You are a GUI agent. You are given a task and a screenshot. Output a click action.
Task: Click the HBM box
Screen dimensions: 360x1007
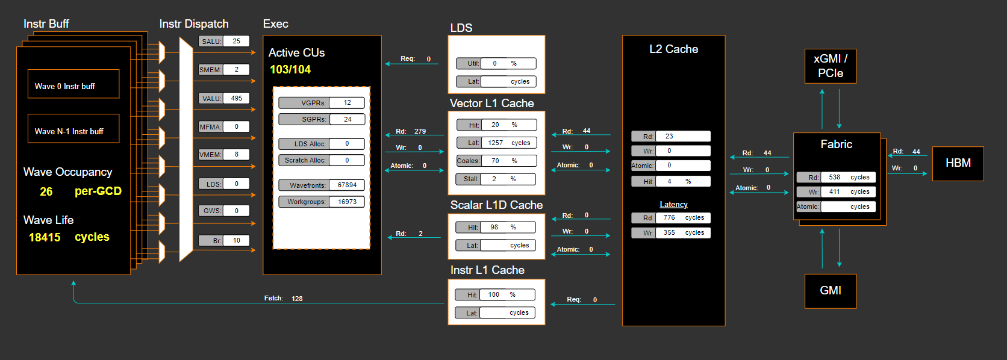coord(958,163)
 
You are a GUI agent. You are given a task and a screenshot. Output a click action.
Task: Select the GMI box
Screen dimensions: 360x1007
coord(830,291)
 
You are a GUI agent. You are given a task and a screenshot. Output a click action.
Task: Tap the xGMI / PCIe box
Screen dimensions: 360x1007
coord(830,66)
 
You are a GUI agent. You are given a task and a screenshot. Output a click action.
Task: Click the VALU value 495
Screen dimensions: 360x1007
coord(237,98)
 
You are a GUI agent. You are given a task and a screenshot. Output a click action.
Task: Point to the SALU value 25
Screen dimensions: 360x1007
coord(237,42)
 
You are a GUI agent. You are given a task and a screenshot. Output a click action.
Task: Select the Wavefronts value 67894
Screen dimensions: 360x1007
coord(347,185)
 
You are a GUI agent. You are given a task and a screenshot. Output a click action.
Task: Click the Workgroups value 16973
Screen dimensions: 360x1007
coord(347,202)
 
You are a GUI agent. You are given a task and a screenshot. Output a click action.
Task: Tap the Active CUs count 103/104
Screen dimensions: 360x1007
coord(290,70)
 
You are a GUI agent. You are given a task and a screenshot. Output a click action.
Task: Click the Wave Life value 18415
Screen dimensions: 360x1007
coord(45,237)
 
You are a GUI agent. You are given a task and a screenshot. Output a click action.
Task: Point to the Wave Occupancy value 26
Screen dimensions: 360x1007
coord(46,191)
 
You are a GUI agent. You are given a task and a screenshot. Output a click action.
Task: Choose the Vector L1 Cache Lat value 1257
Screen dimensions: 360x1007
coord(496,143)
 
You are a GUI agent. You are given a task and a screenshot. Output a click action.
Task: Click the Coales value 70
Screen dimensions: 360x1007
coord(496,161)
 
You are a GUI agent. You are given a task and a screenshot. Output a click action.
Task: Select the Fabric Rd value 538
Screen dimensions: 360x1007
coord(834,178)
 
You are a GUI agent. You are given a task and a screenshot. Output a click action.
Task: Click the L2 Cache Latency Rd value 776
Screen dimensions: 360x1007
coord(669,218)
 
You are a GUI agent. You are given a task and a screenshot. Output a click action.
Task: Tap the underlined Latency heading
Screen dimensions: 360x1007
coord(673,205)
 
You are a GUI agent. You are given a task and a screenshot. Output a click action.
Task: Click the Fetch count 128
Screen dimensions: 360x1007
coord(297,299)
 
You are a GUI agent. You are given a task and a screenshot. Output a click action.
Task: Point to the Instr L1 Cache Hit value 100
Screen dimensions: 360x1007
coord(494,295)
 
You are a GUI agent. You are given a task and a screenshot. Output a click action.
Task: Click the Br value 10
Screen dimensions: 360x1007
coord(237,241)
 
